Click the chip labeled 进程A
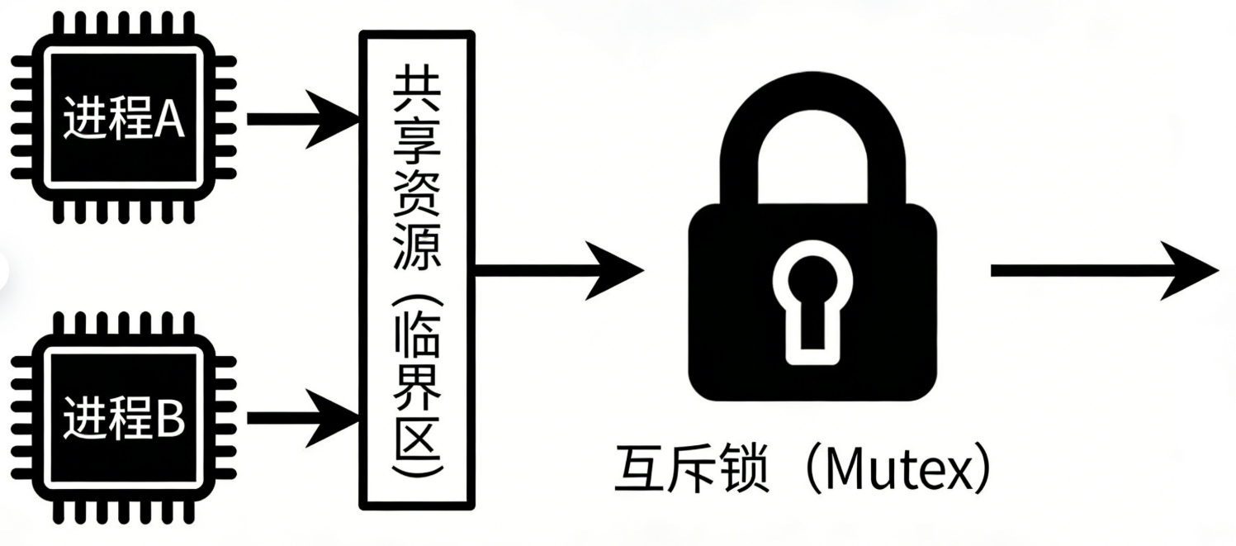pos(123,119)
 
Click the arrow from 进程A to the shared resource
pos(301,119)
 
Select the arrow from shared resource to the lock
pos(557,270)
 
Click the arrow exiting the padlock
pos(1102,270)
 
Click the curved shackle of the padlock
pos(811,132)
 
